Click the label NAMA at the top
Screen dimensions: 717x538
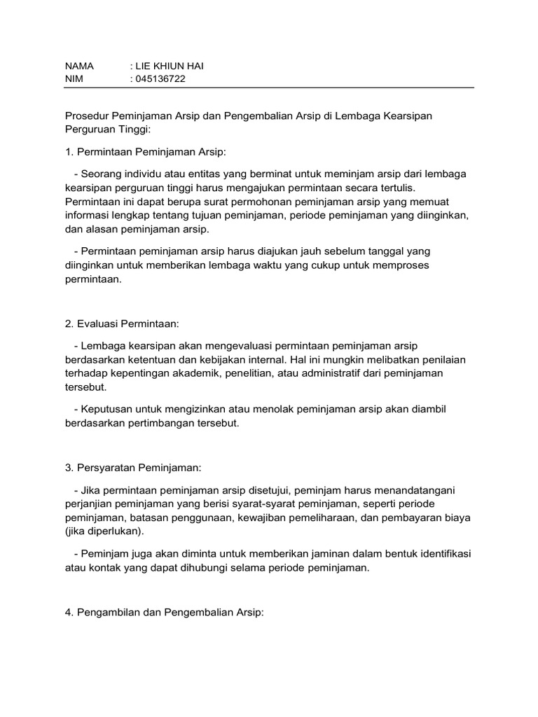[79, 66]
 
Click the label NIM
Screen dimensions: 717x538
[74, 79]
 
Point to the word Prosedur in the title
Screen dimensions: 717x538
[87, 116]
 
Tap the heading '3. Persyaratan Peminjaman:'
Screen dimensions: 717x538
[132, 468]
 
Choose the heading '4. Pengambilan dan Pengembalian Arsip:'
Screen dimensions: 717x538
[164, 612]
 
